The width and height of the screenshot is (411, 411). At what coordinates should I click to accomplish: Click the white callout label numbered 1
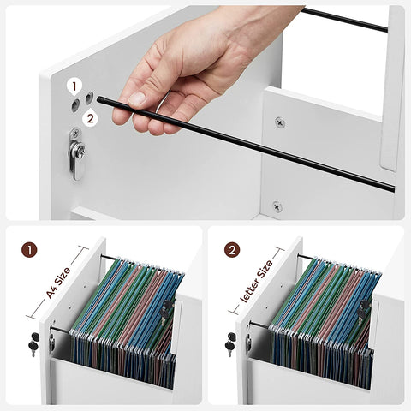(x=74, y=86)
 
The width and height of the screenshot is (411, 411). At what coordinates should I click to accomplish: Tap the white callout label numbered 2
(x=90, y=117)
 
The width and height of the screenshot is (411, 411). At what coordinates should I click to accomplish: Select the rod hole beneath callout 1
(x=75, y=105)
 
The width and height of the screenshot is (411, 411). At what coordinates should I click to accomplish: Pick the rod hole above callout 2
(x=90, y=98)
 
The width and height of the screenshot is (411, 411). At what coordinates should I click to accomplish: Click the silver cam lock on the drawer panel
(x=76, y=154)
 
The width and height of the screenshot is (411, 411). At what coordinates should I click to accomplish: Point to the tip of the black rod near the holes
(x=98, y=99)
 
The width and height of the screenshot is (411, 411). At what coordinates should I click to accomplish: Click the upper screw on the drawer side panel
(x=280, y=122)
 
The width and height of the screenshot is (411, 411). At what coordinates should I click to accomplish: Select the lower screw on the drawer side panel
(x=277, y=206)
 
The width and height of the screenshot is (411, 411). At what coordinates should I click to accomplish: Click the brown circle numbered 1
(x=29, y=250)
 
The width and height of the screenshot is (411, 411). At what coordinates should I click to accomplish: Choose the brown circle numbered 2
(x=232, y=250)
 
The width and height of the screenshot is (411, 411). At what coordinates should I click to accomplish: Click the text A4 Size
(x=58, y=283)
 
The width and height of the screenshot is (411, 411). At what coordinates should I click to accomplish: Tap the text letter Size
(x=256, y=281)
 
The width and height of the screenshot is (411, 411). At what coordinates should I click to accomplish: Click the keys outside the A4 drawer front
(x=33, y=343)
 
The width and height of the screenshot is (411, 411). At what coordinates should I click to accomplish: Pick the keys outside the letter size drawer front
(x=231, y=343)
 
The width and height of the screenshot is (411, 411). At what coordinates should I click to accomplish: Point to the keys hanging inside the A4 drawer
(x=166, y=312)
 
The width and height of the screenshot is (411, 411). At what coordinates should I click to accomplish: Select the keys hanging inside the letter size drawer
(x=364, y=312)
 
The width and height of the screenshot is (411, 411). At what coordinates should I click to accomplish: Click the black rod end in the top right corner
(x=385, y=29)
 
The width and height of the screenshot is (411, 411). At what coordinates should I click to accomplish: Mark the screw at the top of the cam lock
(x=75, y=133)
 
